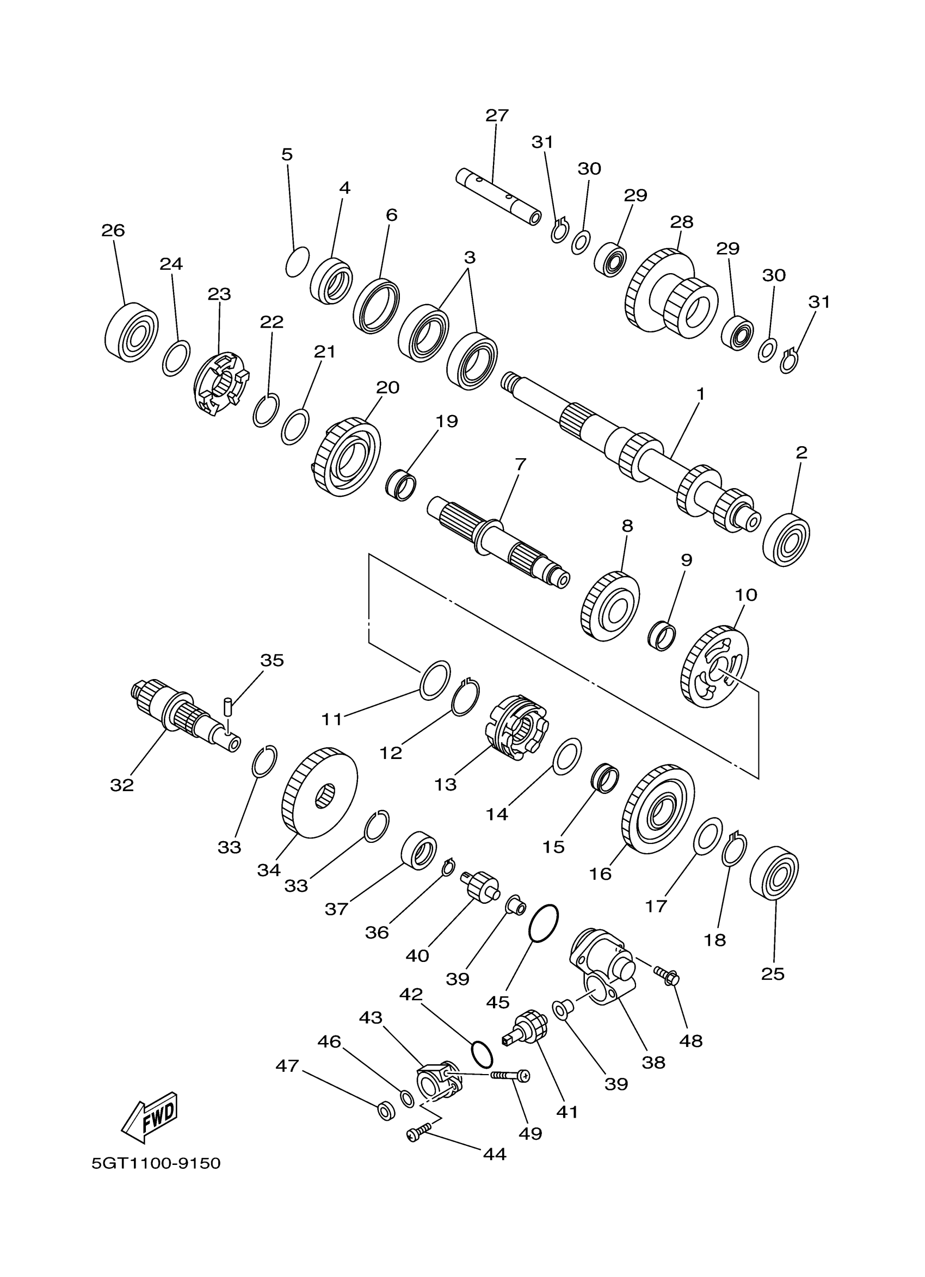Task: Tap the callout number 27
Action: coord(497,115)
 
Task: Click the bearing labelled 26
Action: coord(131,333)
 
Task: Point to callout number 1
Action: coord(700,394)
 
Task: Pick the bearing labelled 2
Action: coord(786,539)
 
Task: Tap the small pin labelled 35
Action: coord(228,705)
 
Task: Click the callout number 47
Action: coord(287,1066)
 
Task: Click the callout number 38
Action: coord(653,1063)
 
